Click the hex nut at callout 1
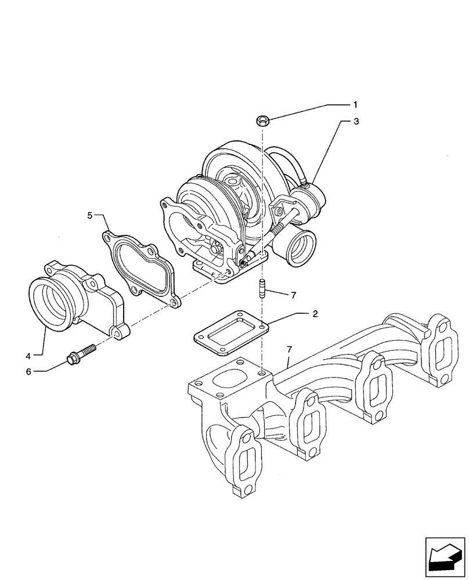[x=262, y=121]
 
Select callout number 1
[x=355, y=105]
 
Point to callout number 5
[x=90, y=215]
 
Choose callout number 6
[x=28, y=371]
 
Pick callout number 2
[x=315, y=314]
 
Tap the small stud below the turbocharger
[x=262, y=288]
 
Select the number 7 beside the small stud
[x=294, y=295]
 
